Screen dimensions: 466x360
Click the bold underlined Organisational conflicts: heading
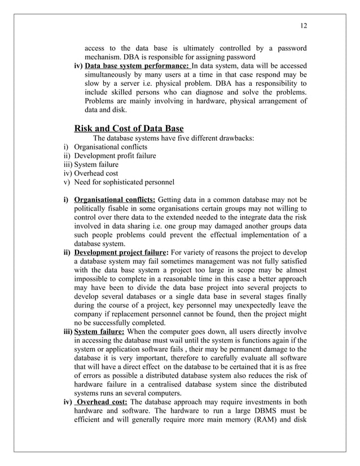pyautogui.click(x=115, y=199)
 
